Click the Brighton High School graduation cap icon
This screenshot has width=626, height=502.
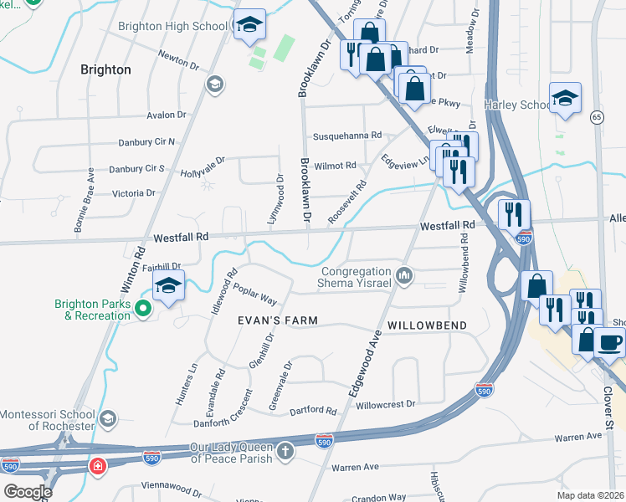pos(249,24)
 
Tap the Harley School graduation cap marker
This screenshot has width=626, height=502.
pos(566,98)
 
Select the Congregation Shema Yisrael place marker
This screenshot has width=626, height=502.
pos(404,275)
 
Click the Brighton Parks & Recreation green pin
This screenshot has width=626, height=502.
pos(143,310)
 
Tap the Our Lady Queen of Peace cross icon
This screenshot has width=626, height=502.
pos(285,453)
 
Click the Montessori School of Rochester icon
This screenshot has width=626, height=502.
pos(106,417)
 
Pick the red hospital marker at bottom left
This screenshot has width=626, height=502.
pos(98,464)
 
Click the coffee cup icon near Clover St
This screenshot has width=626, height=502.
pos(609,341)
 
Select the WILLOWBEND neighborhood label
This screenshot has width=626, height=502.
pos(425,324)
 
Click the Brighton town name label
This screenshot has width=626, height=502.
pos(105,69)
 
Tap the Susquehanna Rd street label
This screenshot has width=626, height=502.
pos(346,136)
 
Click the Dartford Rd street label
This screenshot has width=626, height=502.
pos(312,411)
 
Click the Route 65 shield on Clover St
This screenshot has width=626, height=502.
pos(596,115)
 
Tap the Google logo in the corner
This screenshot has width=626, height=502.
pos(27,492)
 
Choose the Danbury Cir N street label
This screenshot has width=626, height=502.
pos(147,141)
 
